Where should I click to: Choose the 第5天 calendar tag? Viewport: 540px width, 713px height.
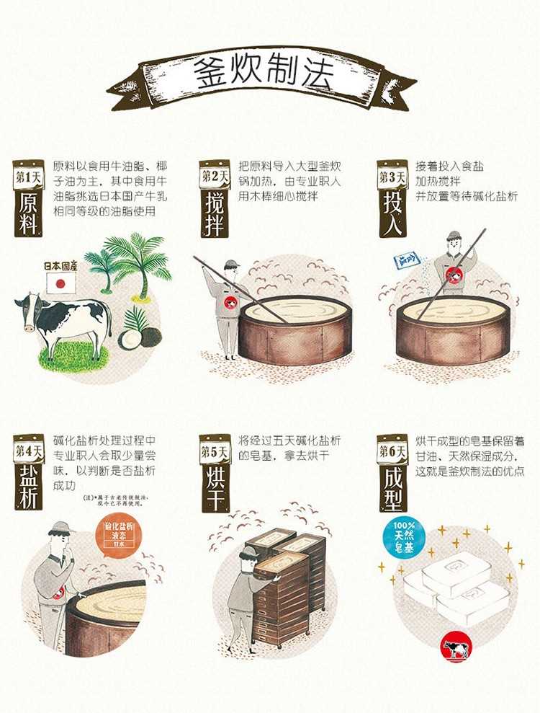tap(214, 452)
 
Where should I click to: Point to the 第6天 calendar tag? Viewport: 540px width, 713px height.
tap(392, 452)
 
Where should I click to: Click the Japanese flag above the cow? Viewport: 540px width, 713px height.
tap(61, 283)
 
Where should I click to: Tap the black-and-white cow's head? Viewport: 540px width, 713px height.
tap(27, 308)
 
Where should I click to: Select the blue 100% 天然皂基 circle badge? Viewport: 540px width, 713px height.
tap(404, 537)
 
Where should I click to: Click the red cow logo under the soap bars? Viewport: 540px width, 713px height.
tap(456, 649)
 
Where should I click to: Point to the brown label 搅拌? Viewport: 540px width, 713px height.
tap(214, 213)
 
